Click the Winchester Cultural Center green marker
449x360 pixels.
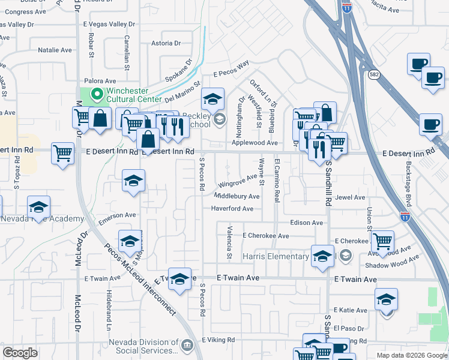tap(96, 94)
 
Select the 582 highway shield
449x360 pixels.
tap(374, 74)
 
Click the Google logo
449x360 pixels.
tap(20, 353)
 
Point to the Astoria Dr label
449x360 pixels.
tap(166, 43)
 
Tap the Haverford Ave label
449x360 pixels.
tap(232, 209)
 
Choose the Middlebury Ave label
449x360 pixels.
tap(237, 196)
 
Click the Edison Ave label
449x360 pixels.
tap(306, 223)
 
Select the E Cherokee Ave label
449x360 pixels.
tap(265, 236)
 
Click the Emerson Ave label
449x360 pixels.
tap(118, 216)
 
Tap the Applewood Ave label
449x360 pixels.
tap(255, 143)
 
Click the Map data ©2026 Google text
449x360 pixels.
tap(411, 355)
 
